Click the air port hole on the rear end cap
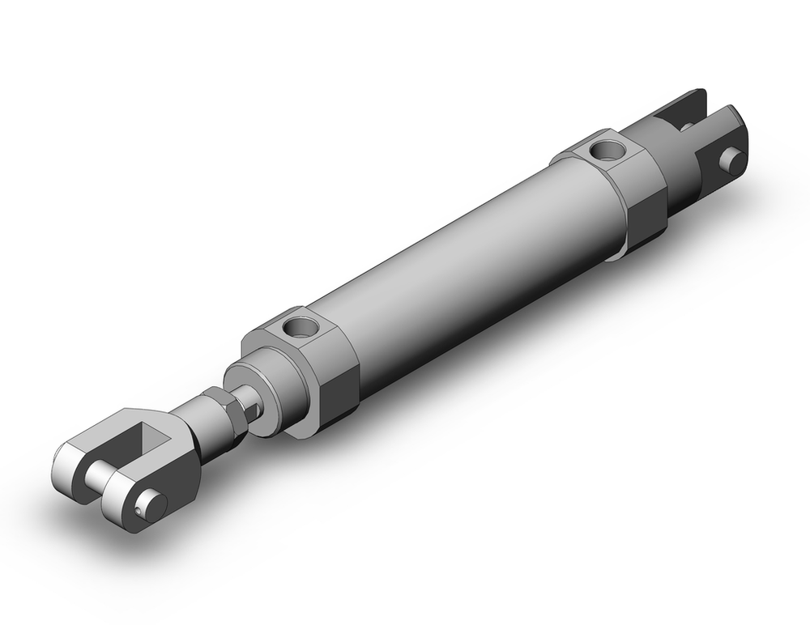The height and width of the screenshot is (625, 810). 603,149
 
